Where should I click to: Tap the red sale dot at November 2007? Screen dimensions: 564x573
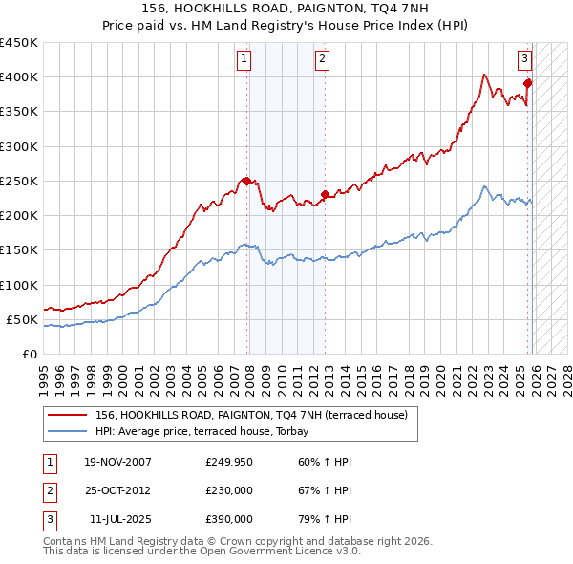point(246,181)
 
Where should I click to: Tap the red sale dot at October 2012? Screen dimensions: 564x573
point(325,195)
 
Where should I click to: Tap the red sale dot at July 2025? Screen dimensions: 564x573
point(527,83)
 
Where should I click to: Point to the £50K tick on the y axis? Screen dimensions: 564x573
point(23,319)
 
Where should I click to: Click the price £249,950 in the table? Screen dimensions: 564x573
point(229,462)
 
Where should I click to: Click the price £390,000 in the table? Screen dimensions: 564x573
point(229,519)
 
